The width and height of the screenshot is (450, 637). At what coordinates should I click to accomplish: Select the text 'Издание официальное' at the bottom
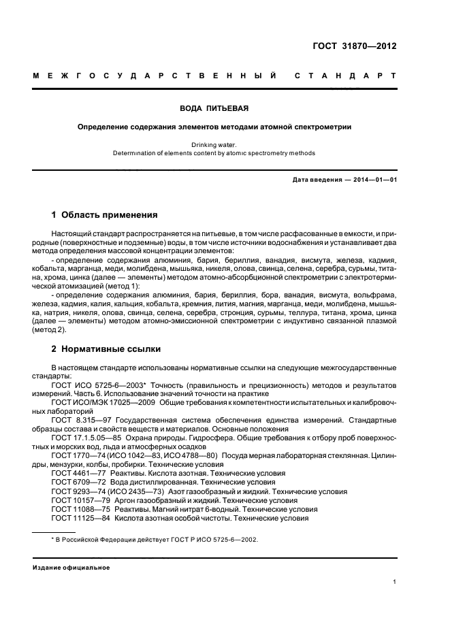(71, 567)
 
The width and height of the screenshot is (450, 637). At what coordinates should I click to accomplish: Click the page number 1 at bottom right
(394, 582)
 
